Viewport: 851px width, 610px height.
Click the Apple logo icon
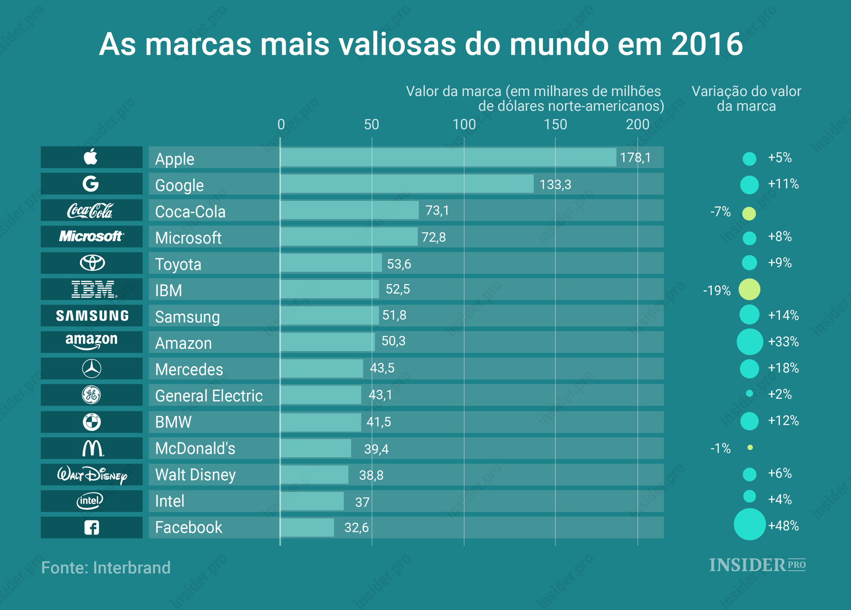(x=91, y=157)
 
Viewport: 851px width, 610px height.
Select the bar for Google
(x=407, y=184)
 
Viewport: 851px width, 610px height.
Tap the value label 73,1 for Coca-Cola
(x=437, y=211)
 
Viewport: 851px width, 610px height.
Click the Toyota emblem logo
(x=92, y=263)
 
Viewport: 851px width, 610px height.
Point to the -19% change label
(x=716, y=290)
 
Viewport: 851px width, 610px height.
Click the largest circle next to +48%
(x=749, y=524)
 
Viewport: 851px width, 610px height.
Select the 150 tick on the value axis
(x=555, y=124)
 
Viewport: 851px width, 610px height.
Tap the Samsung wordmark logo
(x=92, y=316)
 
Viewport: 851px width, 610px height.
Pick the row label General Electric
(x=208, y=396)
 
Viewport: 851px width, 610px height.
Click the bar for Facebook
(x=307, y=528)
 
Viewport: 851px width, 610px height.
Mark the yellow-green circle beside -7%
(x=749, y=214)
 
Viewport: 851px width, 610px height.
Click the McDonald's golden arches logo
(x=93, y=448)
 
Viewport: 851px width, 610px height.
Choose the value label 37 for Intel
(x=362, y=502)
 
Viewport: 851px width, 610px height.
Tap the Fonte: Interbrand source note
(x=106, y=567)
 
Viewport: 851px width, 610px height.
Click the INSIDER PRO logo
(x=757, y=565)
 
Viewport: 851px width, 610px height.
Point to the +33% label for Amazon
(x=783, y=341)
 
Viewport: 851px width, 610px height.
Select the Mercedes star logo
(x=91, y=369)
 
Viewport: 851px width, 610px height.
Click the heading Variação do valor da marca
(x=746, y=98)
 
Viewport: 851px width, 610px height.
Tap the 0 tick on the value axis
(x=281, y=124)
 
